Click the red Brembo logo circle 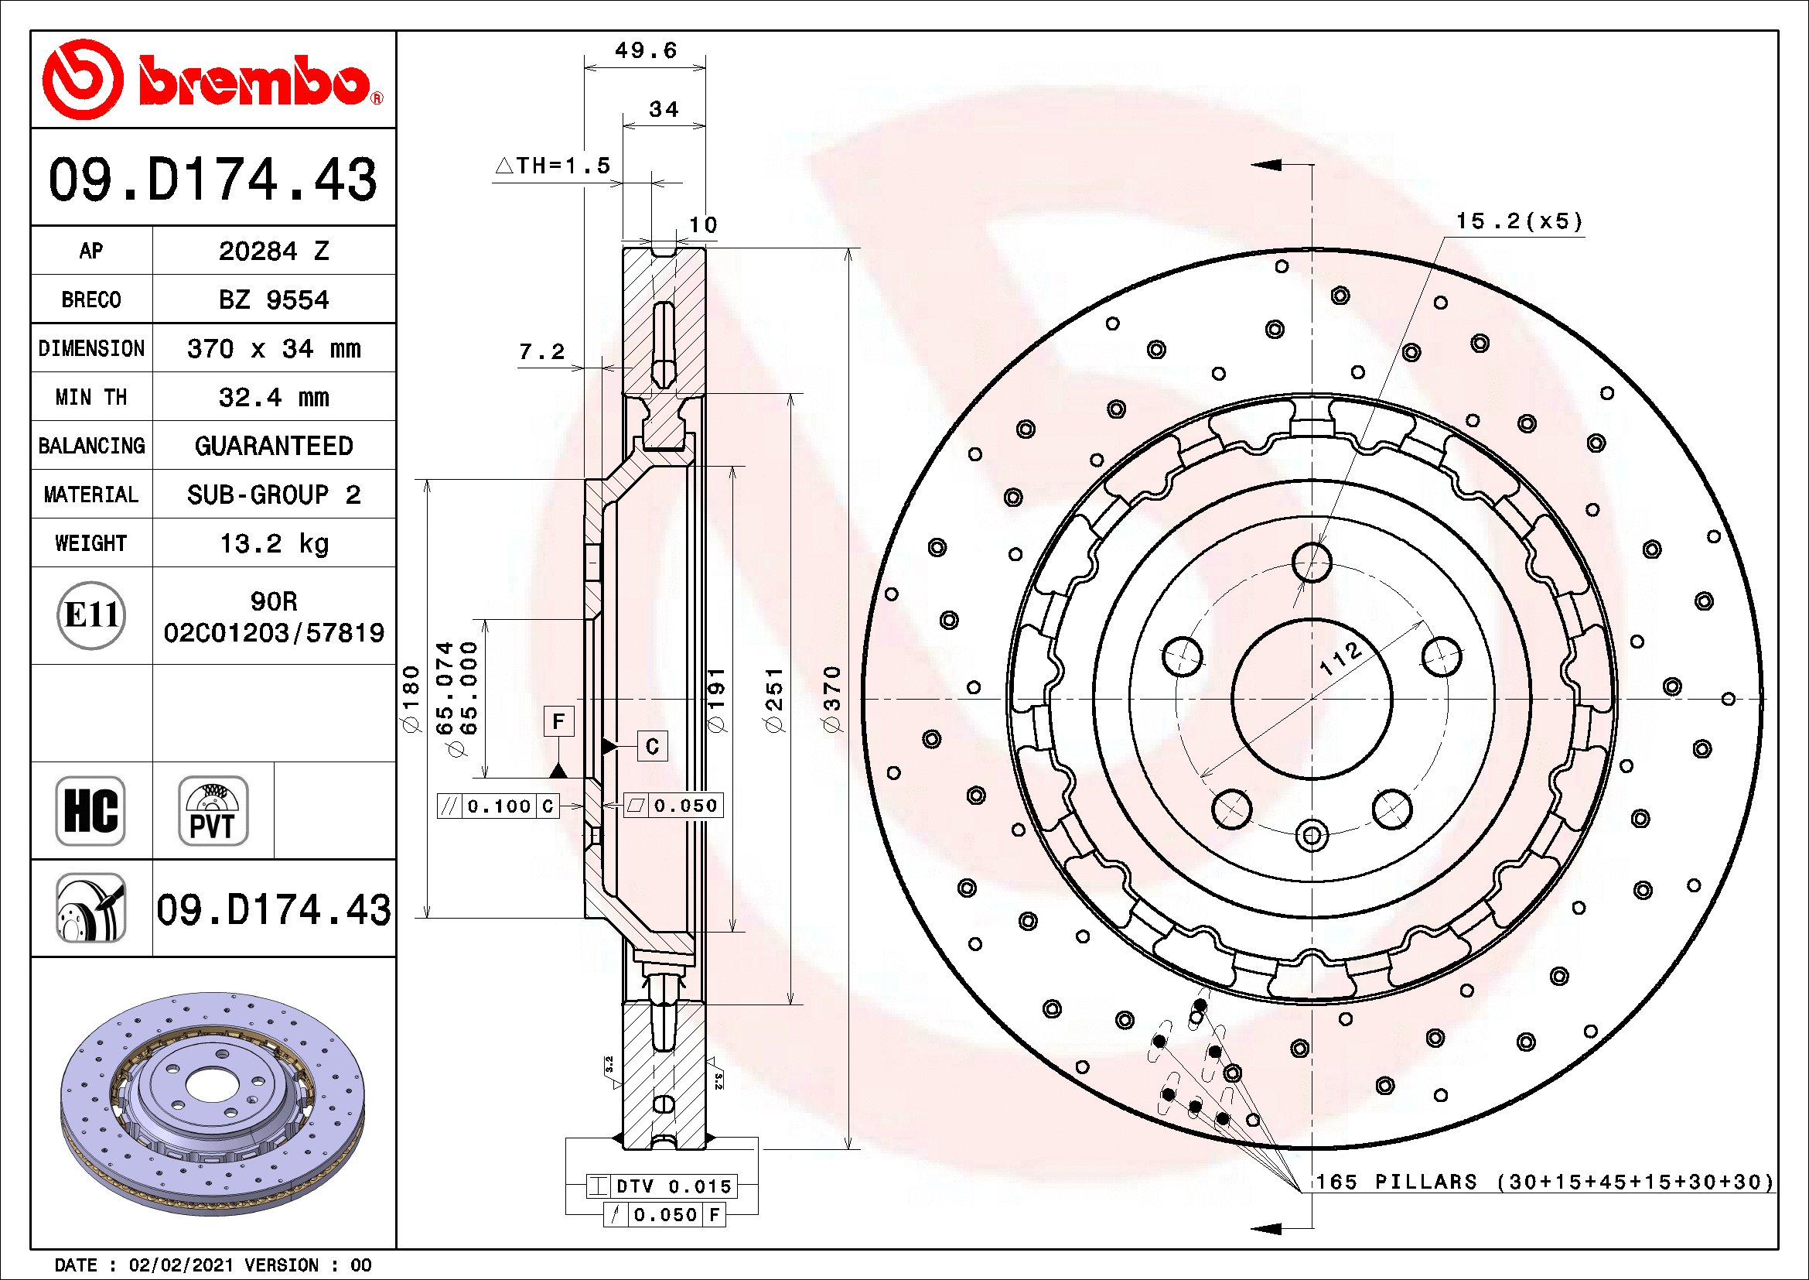click(x=82, y=80)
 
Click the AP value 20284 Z click(x=273, y=252)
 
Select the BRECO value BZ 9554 click(x=273, y=300)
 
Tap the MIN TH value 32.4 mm click(x=273, y=397)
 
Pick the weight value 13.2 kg click(x=273, y=544)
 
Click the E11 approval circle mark click(x=91, y=615)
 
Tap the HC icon click(x=90, y=811)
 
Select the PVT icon click(x=213, y=811)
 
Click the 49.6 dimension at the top click(x=645, y=51)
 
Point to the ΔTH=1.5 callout click(x=553, y=166)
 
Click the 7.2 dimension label click(x=542, y=352)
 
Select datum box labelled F click(x=558, y=721)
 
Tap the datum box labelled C click(x=653, y=746)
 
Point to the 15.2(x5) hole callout click(x=1518, y=221)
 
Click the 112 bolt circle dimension click(x=1340, y=659)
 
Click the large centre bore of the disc click(x=1312, y=699)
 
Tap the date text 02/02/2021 click(x=181, y=1266)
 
